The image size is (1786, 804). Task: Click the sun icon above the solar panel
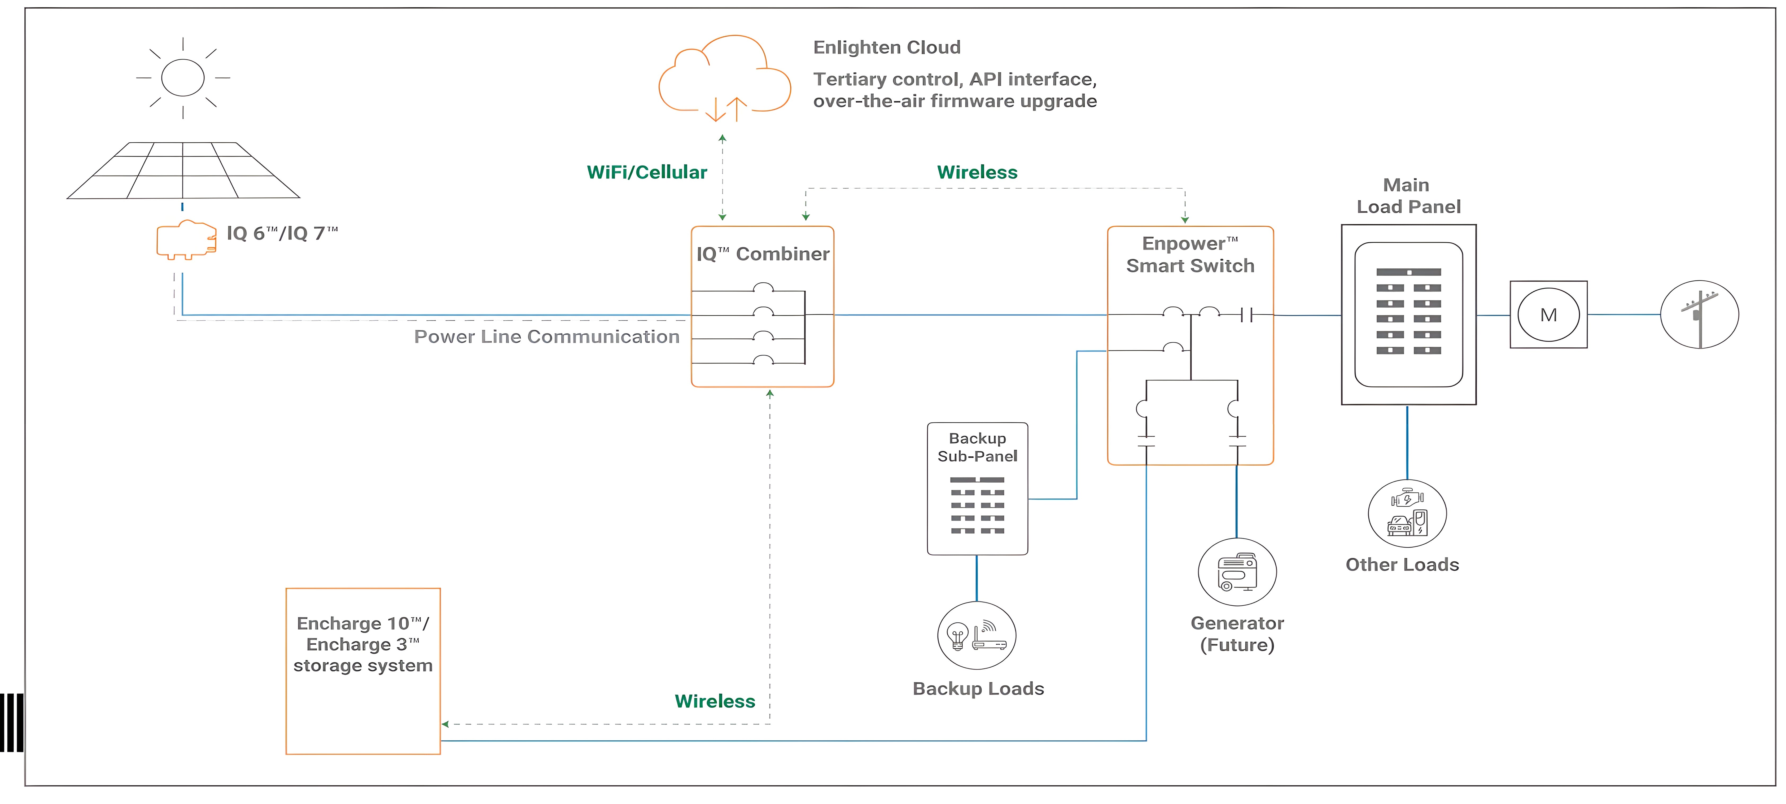183,78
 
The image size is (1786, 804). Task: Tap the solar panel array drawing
183,171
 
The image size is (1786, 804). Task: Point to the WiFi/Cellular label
647,173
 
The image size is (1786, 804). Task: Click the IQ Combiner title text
763,254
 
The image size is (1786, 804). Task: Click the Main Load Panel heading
1408,196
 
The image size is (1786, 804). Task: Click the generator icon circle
1237,573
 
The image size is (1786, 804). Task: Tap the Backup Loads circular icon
976,636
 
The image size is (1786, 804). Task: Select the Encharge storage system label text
363,645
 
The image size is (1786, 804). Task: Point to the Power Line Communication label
546,337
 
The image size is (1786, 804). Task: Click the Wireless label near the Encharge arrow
715,701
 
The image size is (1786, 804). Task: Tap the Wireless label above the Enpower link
977,173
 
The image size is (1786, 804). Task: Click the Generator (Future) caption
1237,634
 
